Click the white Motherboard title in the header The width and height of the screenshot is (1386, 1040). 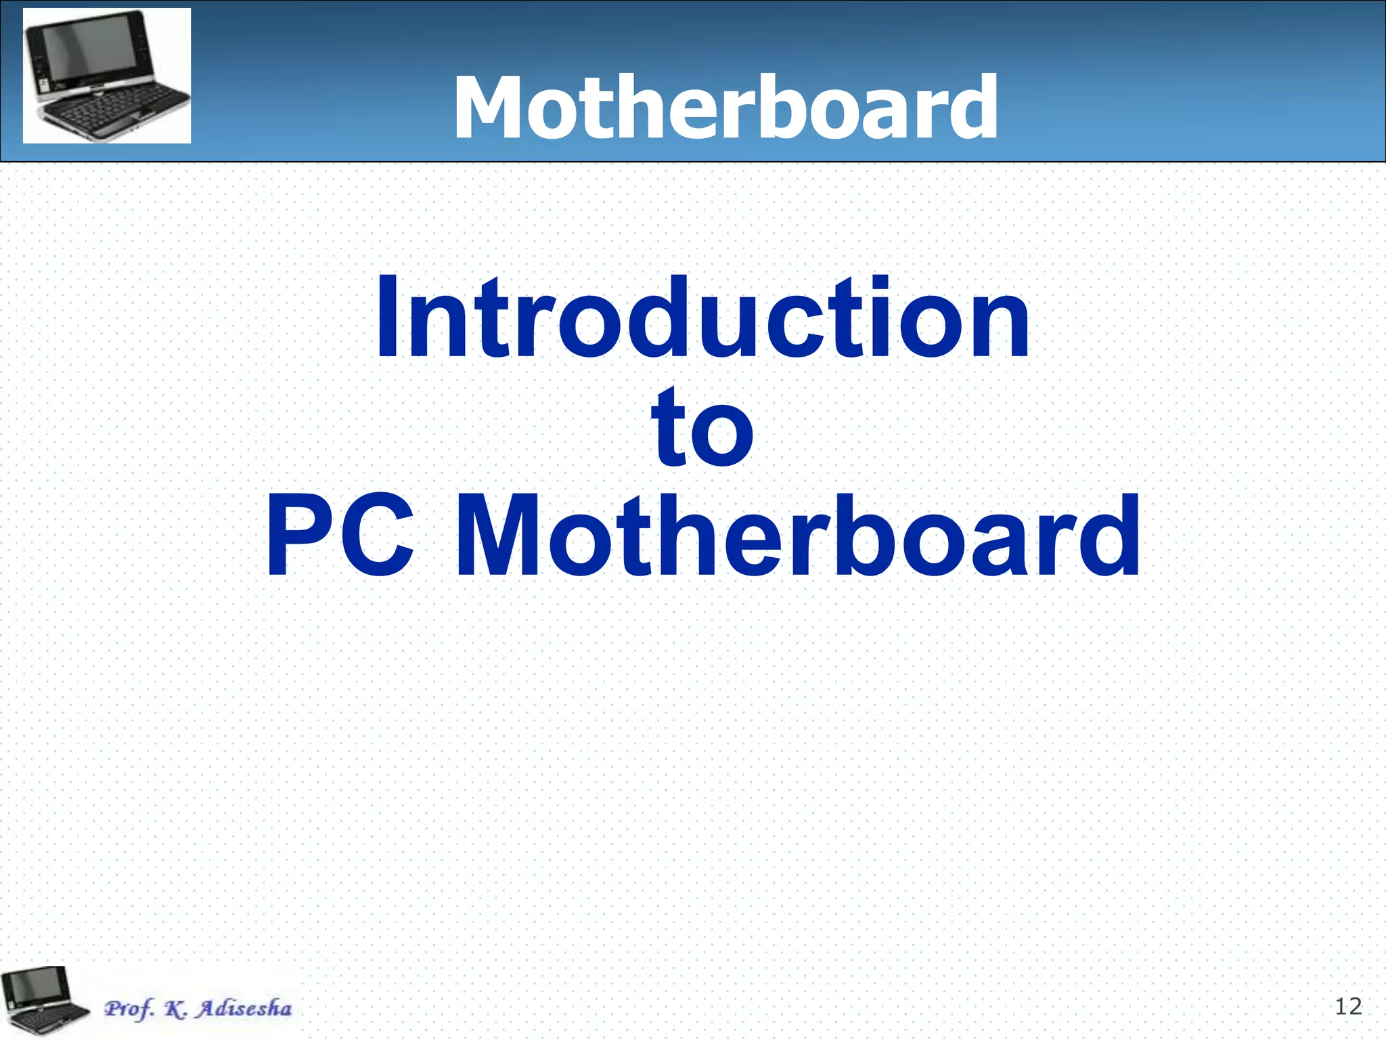click(725, 108)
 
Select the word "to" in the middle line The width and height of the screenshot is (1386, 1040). click(702, 428)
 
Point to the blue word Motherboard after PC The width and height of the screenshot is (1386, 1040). click(799, 536)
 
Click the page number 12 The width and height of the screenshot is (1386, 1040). click(1348, 1007)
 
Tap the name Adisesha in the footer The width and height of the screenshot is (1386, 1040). click(244, 1008)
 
